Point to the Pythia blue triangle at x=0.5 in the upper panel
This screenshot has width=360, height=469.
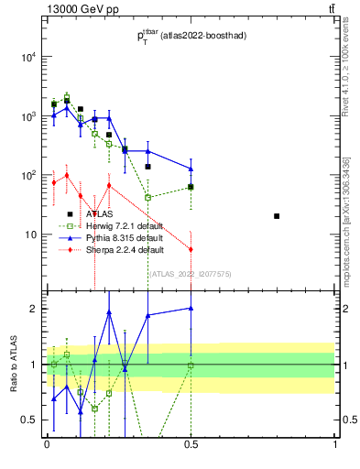coord(191,169)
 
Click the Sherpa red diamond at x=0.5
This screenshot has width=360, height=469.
coord(191,249)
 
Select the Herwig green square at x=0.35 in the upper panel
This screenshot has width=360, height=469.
coord(147,197)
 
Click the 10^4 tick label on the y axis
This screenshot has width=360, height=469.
coord(27,57)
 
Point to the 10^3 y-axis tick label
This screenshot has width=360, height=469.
coord(27,116)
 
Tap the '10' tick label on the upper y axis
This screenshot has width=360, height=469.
coord(30,234)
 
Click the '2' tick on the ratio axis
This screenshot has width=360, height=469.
coord(36,309)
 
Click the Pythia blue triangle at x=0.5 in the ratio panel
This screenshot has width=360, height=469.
coord(191,309)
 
